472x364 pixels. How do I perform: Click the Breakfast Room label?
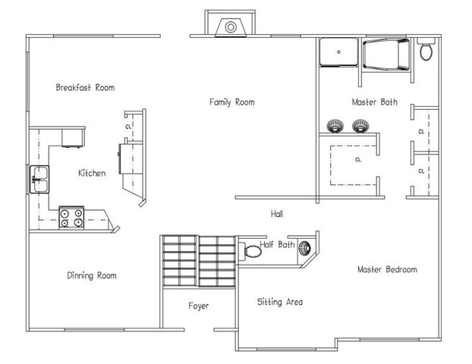pos(85,88)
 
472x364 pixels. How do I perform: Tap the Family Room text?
pos(231,102)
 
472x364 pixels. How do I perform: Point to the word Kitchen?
pos(92,174)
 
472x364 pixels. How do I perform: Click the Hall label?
pos(277,215)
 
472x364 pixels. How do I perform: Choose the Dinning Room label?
pos(91,276)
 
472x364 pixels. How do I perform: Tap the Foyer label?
pos(198,306)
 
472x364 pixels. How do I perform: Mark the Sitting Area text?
pos(280,302)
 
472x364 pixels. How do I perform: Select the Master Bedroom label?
pos(387,270)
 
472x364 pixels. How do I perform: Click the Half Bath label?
pos(277,245)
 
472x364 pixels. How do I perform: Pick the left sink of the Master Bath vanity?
pos(335,125)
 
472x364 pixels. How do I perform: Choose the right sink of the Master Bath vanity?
pos(360,125)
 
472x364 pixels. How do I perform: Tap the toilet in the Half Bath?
pos(251,249)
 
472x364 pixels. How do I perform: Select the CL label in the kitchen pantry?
pos(128,126)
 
